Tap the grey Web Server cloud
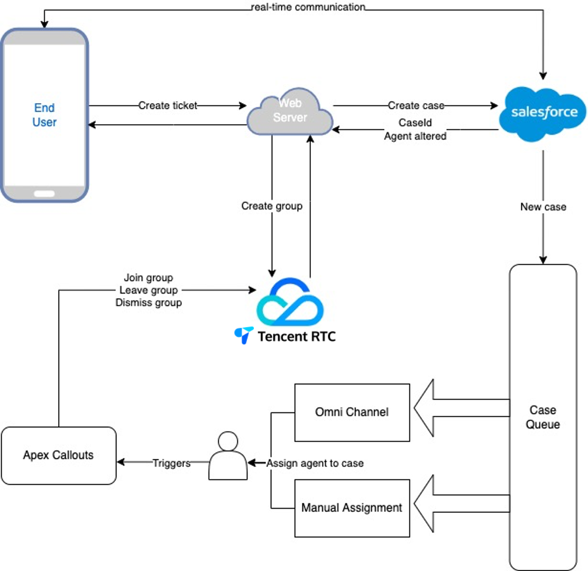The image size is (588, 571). [x=290, y=112]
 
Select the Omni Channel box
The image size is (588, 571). [x=352, y=412]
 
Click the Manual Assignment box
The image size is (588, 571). [x=352, y=508]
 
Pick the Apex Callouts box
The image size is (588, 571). [x=58, y=455]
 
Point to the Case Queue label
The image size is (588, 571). [x=543, y=417]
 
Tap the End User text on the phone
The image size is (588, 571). [x=45, y=115]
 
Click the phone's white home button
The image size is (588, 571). [x=44, y=194]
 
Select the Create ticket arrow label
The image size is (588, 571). [x=168, y=106]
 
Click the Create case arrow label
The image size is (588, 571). [x=416, y=106]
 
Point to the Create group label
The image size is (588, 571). [x=272, y=206]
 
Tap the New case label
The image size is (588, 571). [x=543, y=207]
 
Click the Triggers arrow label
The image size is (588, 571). [x=171, y=463]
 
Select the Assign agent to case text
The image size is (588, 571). [x=315, y=463]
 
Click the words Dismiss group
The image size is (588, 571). [x=149, y=303]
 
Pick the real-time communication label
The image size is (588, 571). [x=308, y=7]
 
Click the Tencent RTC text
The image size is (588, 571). [x=296, y=336]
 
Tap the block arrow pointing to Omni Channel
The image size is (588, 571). [x=460, y=408]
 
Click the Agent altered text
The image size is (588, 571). [x=415, y=136]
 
